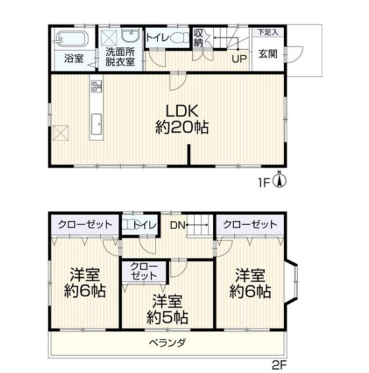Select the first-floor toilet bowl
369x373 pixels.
click(179, 37)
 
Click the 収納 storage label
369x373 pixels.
click(198, 38)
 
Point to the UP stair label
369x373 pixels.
click(239, 59)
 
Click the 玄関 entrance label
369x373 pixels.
click(268, 54)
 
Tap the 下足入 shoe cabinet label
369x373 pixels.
click(268, 32)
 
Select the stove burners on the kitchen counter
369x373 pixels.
click(96, 86)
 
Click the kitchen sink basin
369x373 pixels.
click(96, 124)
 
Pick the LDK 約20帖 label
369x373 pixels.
click(182, 119)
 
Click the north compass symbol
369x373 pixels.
click(280, 180)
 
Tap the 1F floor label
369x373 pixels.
click(265, 183)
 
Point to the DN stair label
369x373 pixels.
click(177, 225)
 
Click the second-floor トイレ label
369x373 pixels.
click(145, 225)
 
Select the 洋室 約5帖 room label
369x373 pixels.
click(167, 309)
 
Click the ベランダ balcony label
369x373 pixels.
click(167, 343)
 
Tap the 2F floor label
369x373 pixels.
click(279, 366)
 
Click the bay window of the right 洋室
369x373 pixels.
click(293, 281)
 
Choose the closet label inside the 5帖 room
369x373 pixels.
click(144, 271)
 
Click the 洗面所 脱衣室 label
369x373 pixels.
click(120, 57)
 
